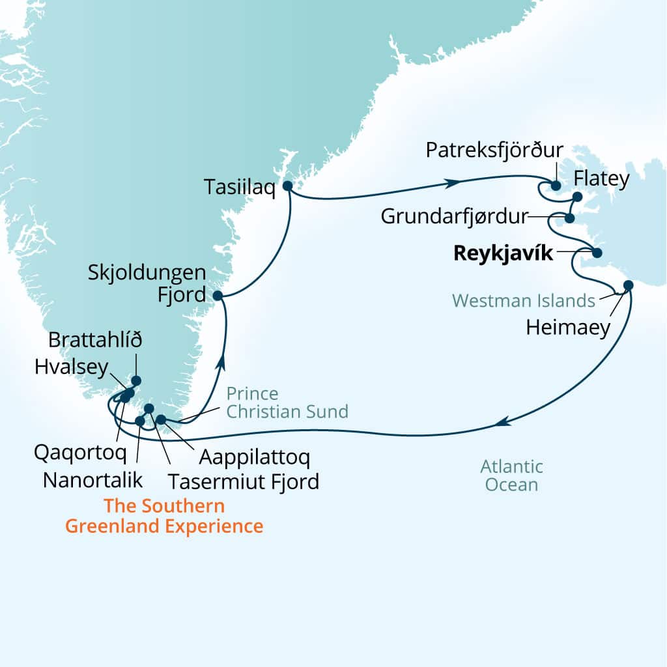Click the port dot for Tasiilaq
pos(287,186)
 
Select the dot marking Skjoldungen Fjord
pos(218,296)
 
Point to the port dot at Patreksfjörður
pos(556,186)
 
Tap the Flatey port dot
pos(577,197)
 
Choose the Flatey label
pos(602,179)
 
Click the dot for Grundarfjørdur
pos(570,218)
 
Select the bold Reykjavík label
pos(502,253)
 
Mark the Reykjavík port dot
pos(596,253)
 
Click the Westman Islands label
pos(524,300)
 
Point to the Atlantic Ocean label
pos(511,475)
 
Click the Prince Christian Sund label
pos(287,403)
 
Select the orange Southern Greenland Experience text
pos(163,516)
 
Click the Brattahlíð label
pos(95,341)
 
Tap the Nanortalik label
pos(92,481)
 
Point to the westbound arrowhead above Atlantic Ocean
pos(500,422)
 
